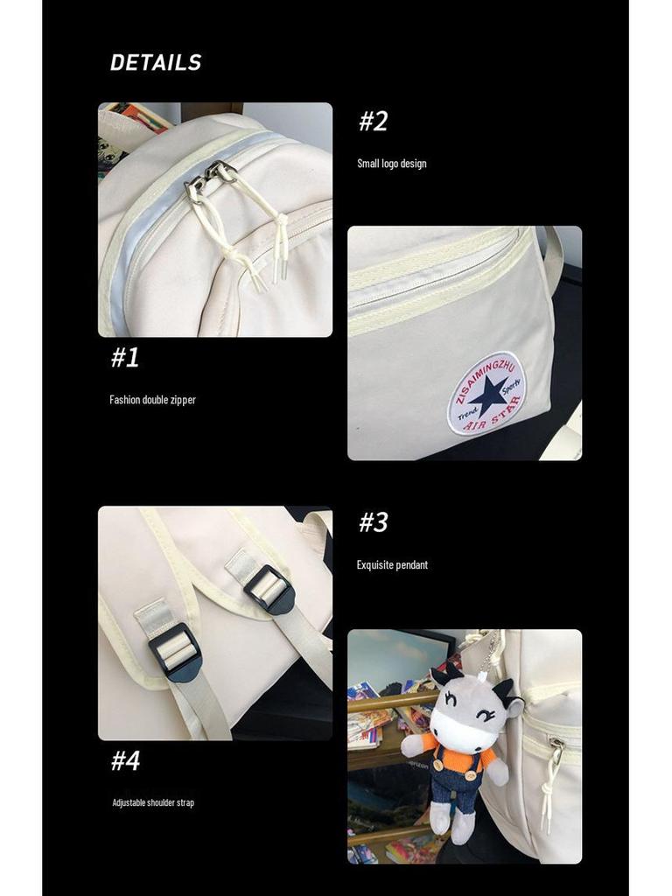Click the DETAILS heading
[156, 63]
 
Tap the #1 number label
[125, 357]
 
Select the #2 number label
[373, 122]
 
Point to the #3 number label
[373, 522]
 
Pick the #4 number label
[125, 760]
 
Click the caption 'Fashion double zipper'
[152, 400]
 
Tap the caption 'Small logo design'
[391, 164]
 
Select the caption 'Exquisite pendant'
[392, 565]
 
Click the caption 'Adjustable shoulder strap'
[153, 802]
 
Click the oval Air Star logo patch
[486, 393]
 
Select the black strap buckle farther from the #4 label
[269, 589]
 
